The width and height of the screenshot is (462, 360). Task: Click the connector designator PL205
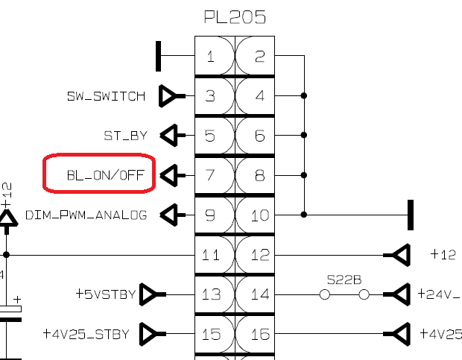point(235,17)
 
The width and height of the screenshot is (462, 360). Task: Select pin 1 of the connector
point(210,56)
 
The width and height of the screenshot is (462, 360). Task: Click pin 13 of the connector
point(211,294)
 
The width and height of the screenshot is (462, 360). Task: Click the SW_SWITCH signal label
point(106,96)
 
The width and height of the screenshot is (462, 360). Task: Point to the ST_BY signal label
point(125,136)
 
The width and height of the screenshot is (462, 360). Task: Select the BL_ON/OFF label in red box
point(106,175)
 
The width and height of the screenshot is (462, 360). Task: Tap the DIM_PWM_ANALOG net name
point(86,215)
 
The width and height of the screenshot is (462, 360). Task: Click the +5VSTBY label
point(106,294)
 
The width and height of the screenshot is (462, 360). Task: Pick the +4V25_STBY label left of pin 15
point(86,334)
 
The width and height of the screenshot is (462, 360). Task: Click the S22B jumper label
point(344,280)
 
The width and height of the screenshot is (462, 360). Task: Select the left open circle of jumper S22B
point(325,294)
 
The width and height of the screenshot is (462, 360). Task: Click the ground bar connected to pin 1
point(158,56)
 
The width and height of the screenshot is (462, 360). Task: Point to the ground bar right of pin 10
point(411,215)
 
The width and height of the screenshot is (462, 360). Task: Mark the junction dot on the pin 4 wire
point(304,95)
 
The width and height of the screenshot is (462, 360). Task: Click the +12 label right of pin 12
point(443,254)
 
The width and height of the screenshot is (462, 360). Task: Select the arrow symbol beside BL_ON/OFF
point(173,176)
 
